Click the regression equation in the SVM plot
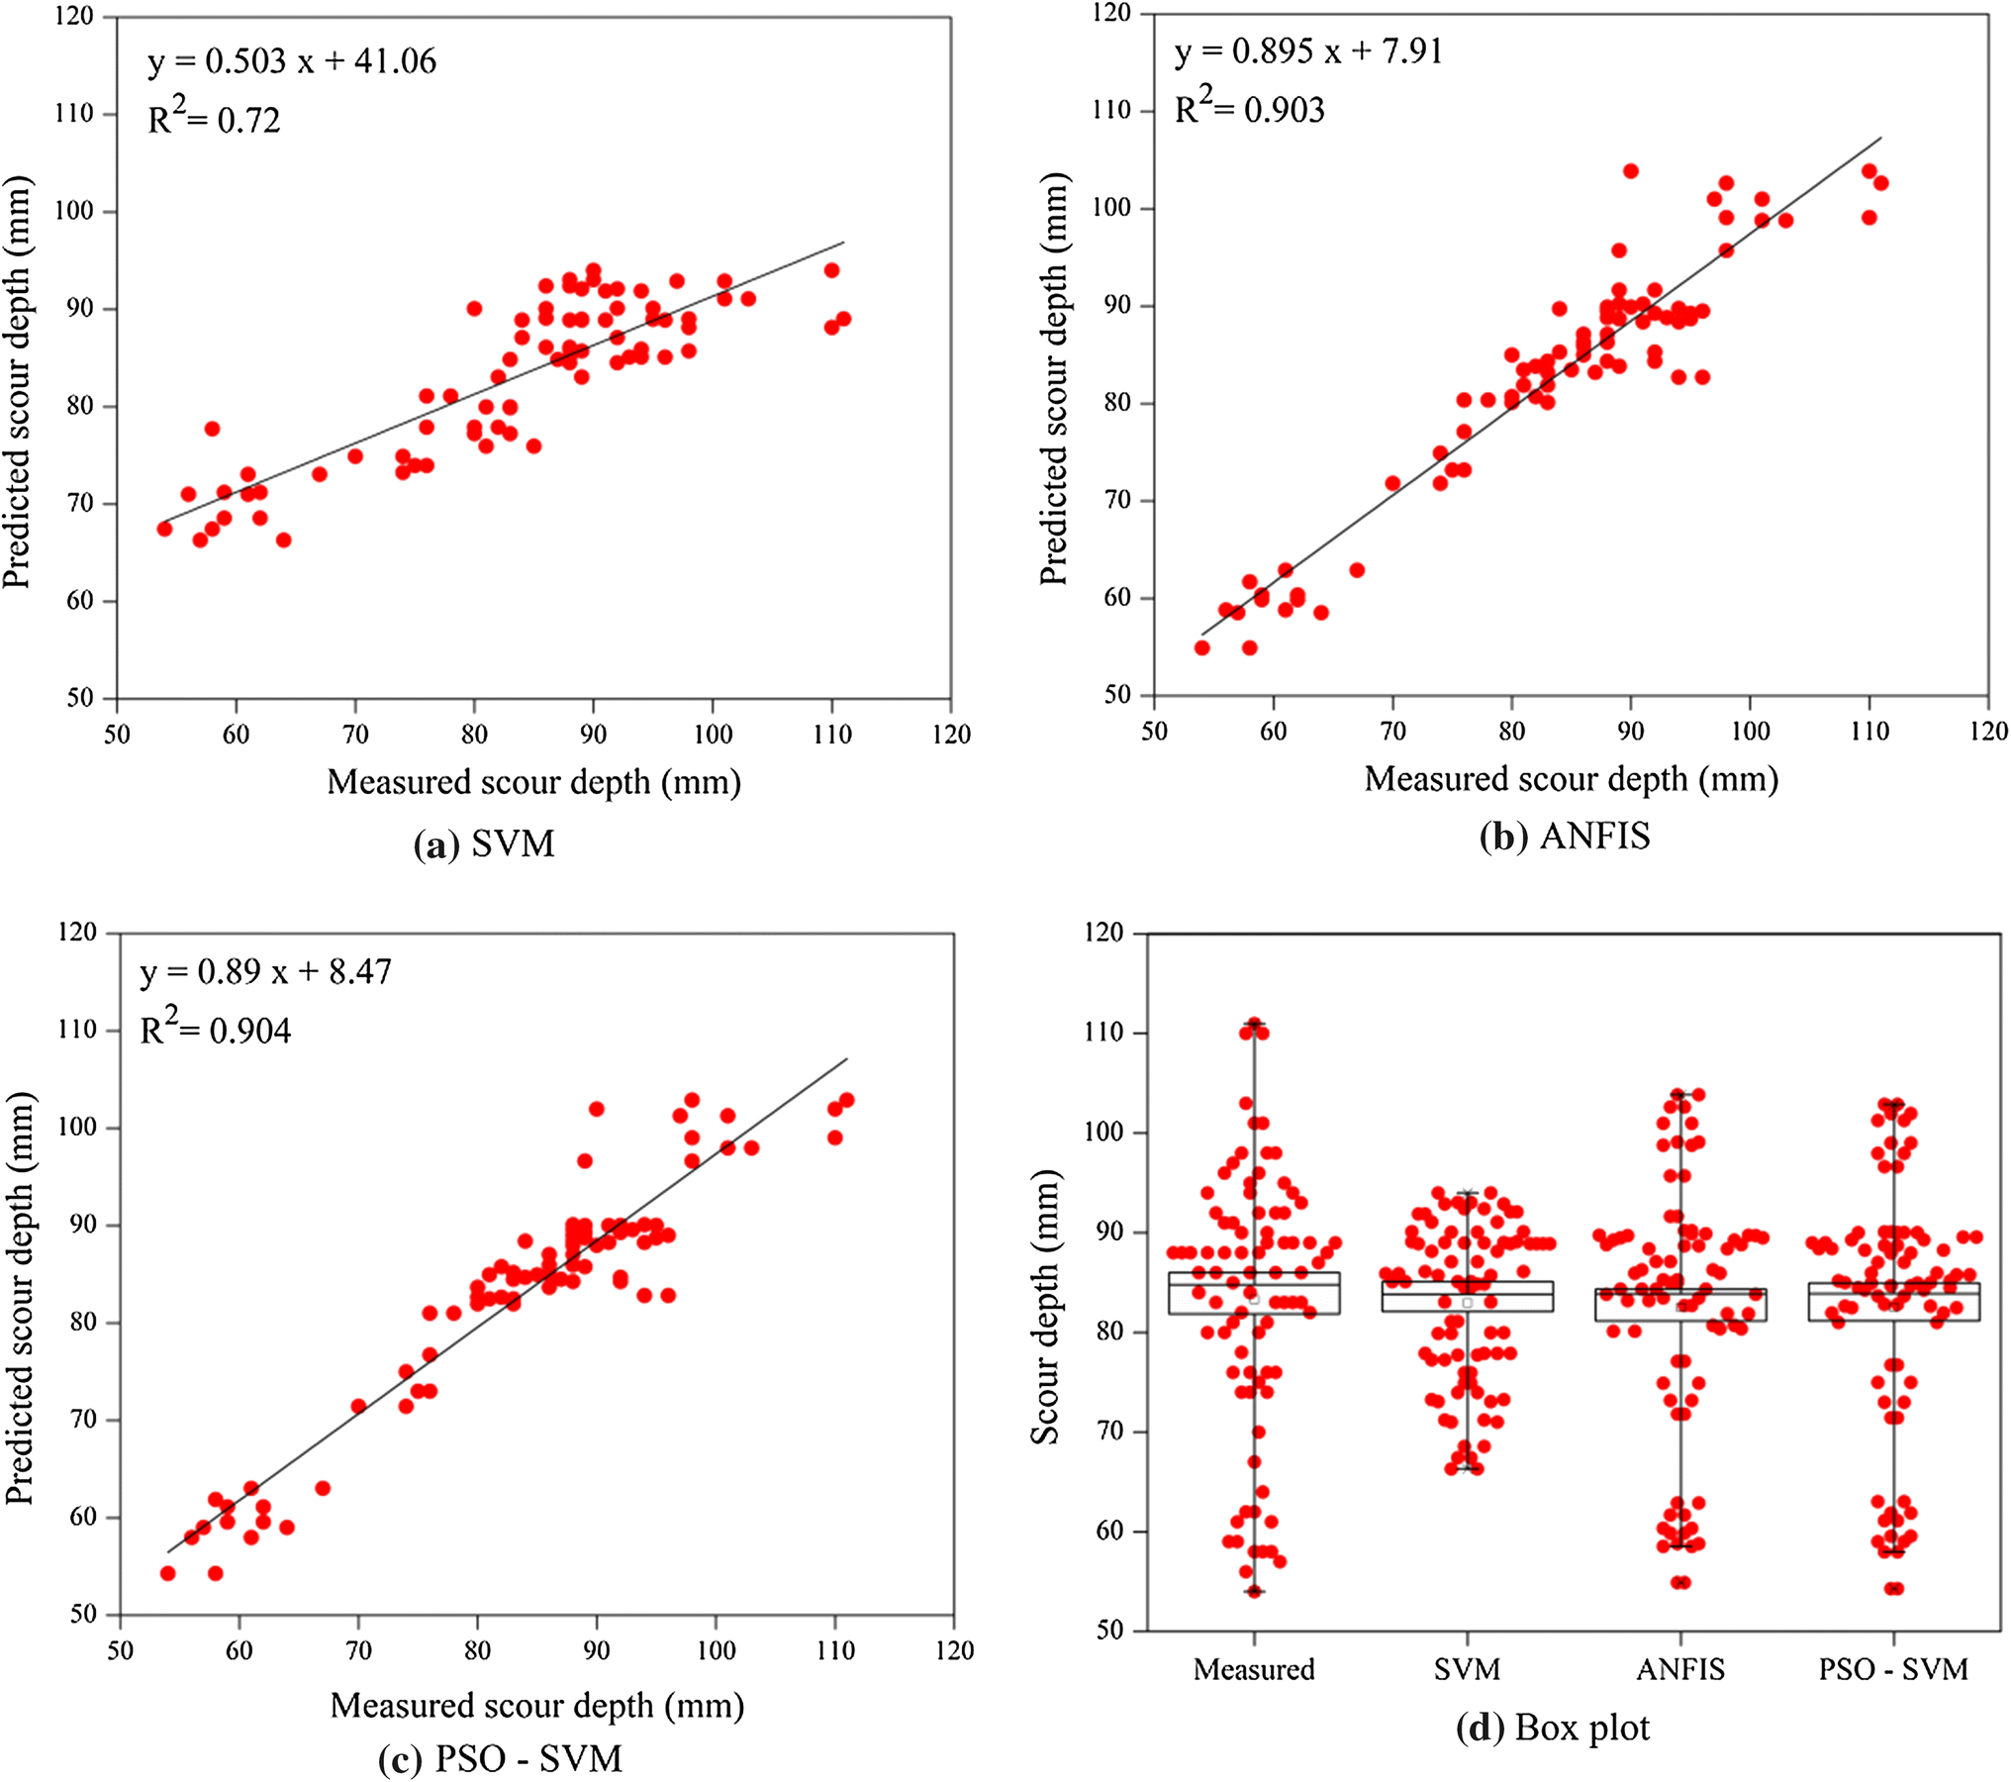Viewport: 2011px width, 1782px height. click(292, 61)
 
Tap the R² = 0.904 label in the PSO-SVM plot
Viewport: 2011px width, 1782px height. click(216, 1030)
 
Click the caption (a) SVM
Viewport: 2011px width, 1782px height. click(484, 843)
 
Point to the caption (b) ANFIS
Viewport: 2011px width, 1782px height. click(1564, 837)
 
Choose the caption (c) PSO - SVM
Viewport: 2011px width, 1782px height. click(500, 1759)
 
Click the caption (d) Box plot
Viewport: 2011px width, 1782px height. click(1552, 1728)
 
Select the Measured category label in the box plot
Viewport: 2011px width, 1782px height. click(1253, 1669)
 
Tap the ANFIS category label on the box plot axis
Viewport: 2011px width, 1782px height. click(1679, 1669)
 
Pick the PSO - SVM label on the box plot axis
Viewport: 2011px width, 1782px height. click(1892, 1669)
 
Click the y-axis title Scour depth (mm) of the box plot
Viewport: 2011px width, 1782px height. click(1045, 1307)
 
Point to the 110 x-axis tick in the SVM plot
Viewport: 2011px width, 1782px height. click(831, 735)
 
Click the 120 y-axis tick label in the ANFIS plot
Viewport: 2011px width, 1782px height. click(1112, 14)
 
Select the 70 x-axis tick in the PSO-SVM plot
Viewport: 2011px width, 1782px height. click(358, 1650)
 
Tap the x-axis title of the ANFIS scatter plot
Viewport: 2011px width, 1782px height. click(1571, 779)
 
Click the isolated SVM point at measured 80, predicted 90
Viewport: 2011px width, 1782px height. click(474, 309)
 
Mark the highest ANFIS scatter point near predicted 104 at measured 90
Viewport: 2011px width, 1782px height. click(1630, 171)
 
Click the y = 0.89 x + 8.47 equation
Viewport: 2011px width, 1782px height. click(265, 971)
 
